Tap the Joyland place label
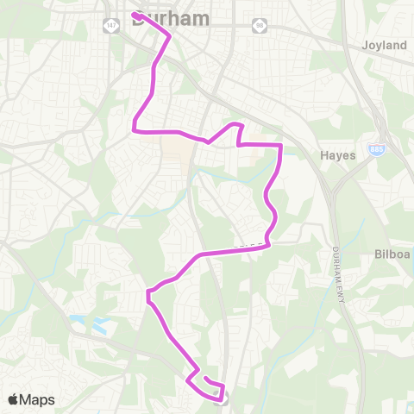(x=384, y=45)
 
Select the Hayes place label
(x=338, y=155)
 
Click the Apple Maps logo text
(x=39, y=399)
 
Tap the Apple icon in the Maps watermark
(x=14, y=399)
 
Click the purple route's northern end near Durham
(x=135, y=15)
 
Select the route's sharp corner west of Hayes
(x=280, y=146)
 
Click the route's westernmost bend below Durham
(x=135, y=129)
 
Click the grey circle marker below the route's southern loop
(x=224, y=398)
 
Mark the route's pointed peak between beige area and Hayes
(x=235, y=125)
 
